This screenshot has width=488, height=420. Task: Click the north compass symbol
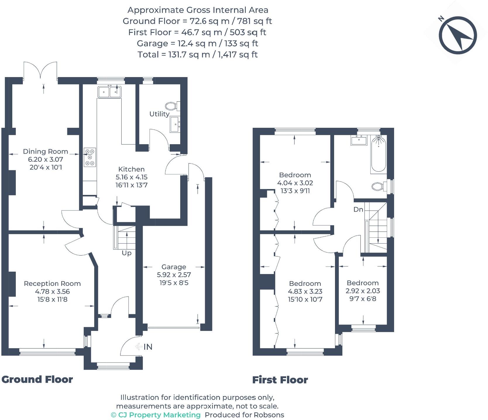pos(458,35)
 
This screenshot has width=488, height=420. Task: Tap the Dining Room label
pos(45,152)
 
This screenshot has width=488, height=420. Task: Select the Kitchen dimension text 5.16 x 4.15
pos(131,177)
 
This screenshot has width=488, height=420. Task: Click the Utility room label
pos(159,114)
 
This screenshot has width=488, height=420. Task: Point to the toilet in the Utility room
pos(172,106)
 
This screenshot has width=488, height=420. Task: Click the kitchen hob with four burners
pos(90,157)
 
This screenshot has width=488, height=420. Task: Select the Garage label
pos(174,267)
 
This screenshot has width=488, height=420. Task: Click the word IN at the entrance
pos(148,347)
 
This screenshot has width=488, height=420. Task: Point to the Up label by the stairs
pos(126,253)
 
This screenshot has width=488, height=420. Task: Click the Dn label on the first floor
pos(358,210)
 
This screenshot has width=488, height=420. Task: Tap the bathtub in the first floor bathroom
pos(379,154)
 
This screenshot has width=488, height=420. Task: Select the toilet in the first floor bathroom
pos(379,186)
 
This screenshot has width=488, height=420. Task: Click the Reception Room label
pos(52,284)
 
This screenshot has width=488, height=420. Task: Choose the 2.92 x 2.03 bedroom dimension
pos(363,291)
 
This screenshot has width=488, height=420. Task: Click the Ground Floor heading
pos(37,380)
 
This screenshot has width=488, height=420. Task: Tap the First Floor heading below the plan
pos(280,380)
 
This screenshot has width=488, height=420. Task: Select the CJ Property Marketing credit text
pos(156,415)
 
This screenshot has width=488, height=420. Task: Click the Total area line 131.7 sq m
pos(197,55)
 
